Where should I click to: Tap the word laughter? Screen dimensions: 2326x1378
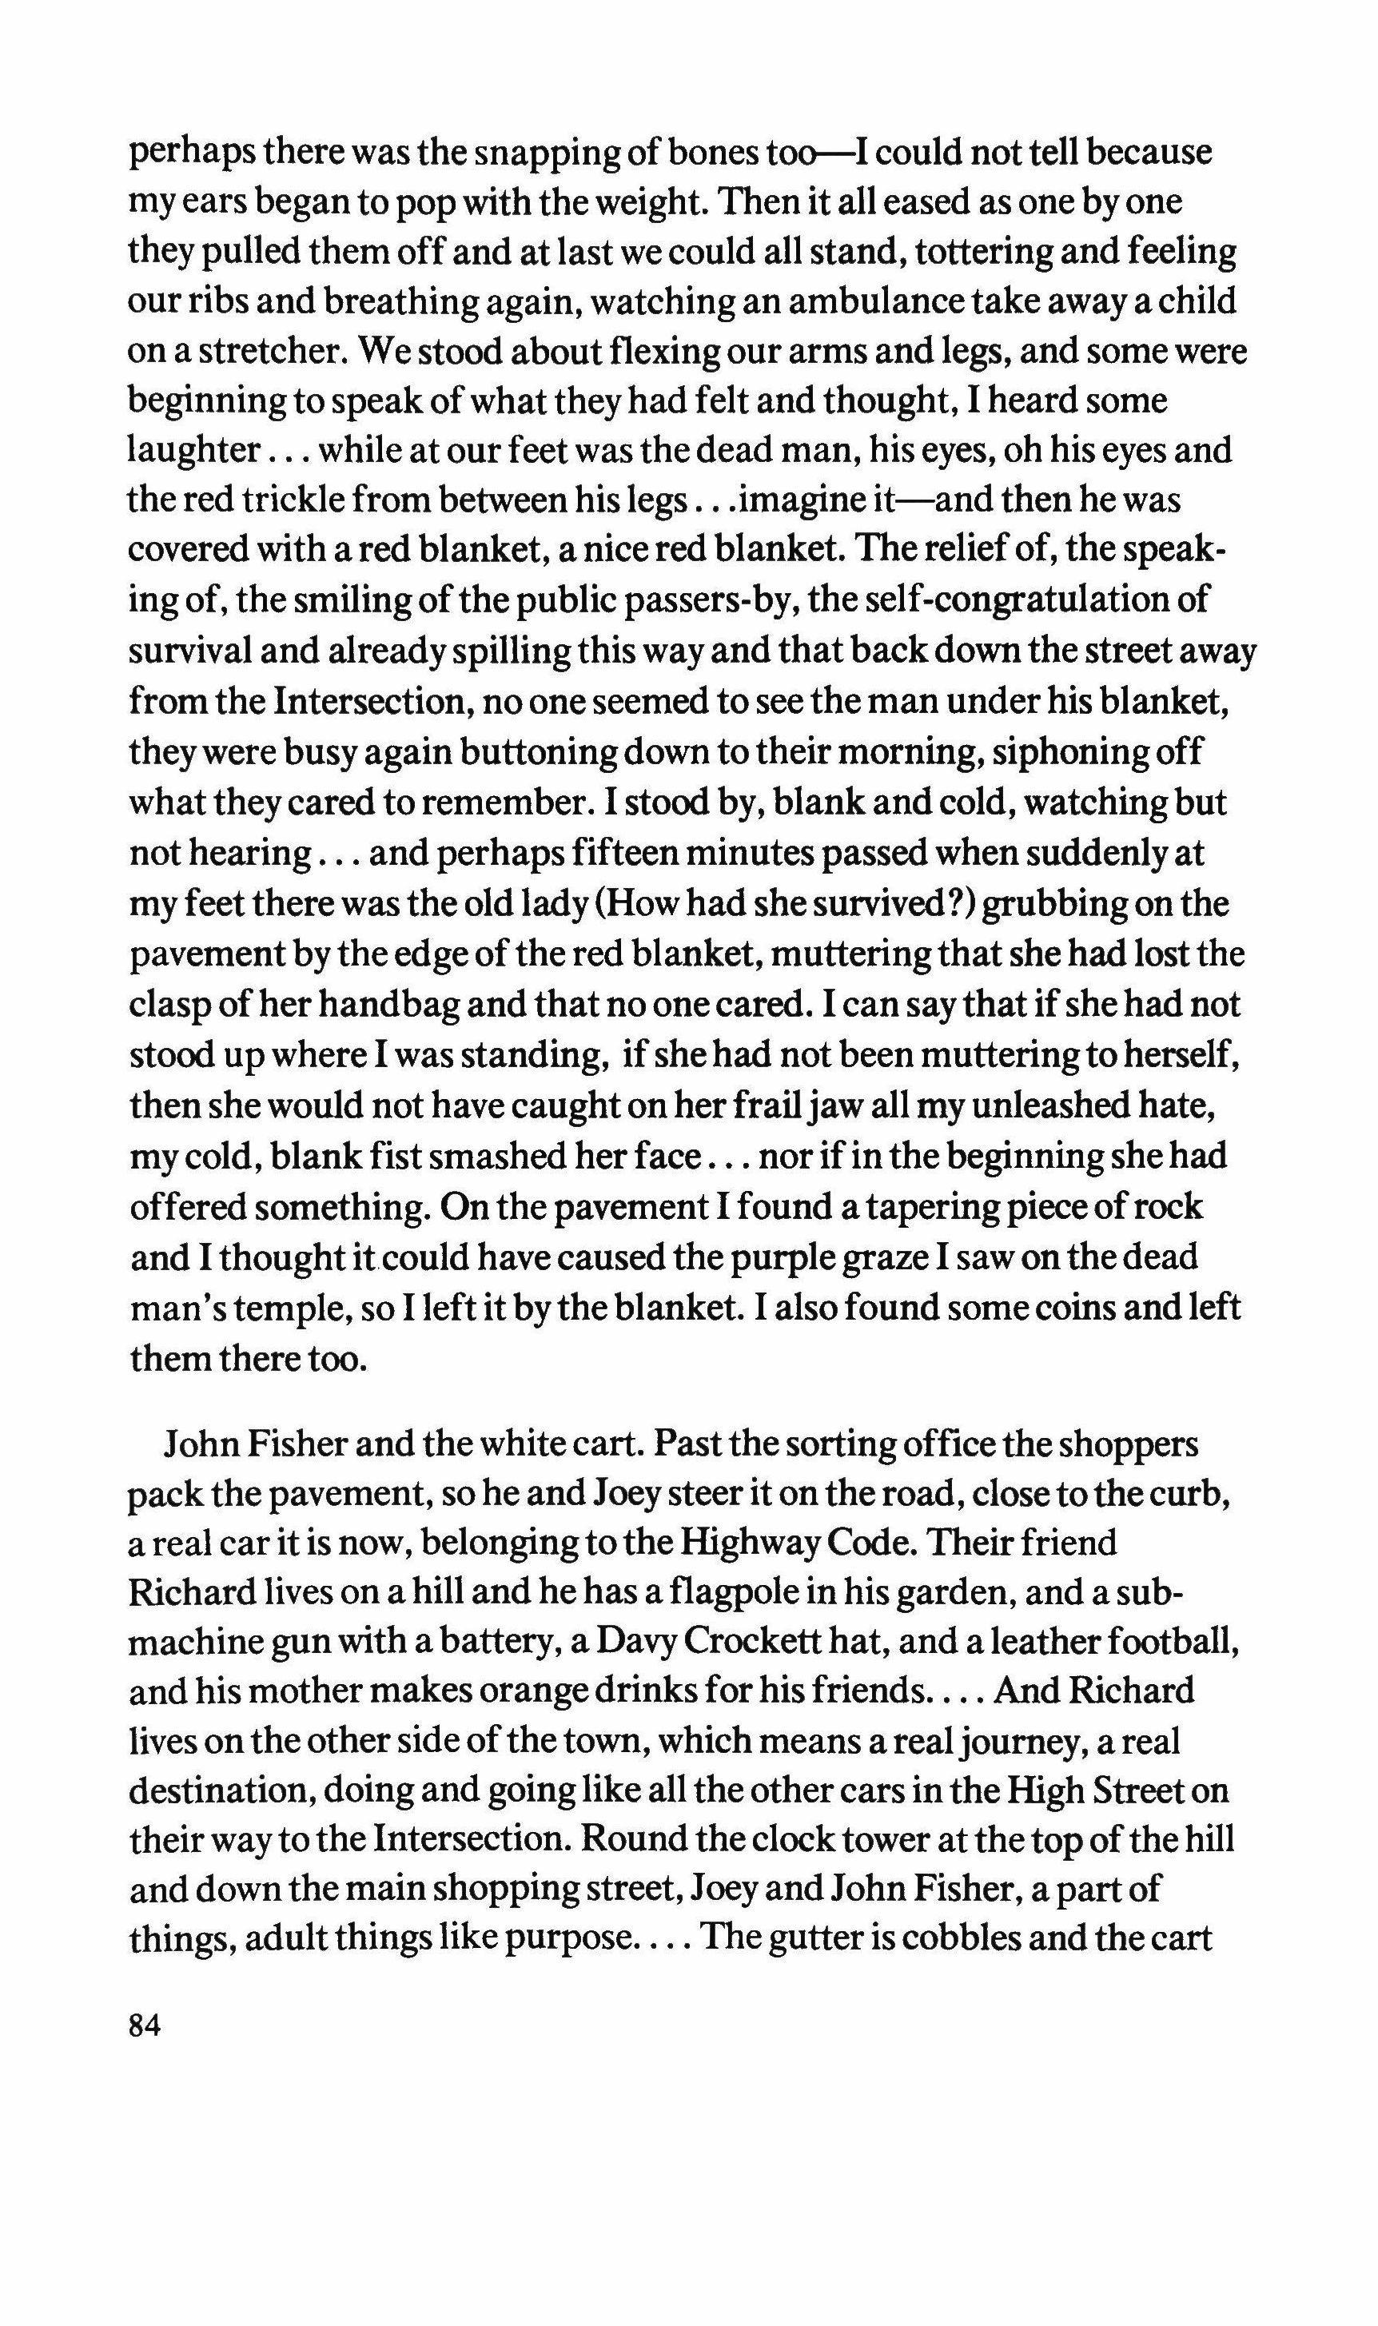point(192,452)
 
